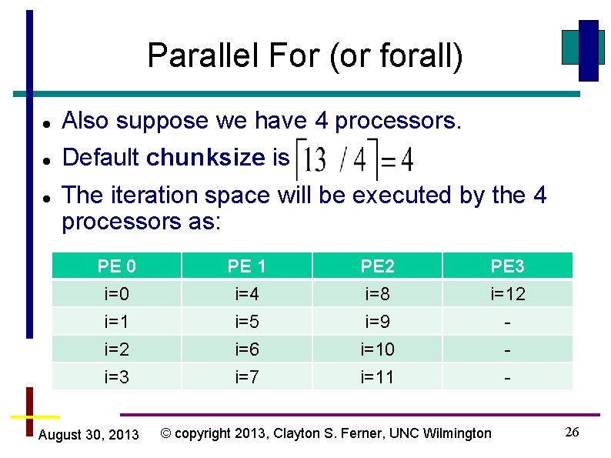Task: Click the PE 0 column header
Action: click(x=117, y=266)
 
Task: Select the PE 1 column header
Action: click(x=247, y=266)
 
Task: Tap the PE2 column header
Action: click(x=377, y=266)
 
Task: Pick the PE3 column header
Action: click(x=508, y=266)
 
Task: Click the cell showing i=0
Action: click(x=117, y=294)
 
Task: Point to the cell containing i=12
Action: click(x=508, y=294)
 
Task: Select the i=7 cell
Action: click(x=247, y=377)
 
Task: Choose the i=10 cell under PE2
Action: click(x=377, y=349)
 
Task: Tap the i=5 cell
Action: click(x=247, y=322)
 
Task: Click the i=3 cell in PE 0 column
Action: click(x=117, y=377)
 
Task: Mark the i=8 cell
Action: click(x=377, y=294)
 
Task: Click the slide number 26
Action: click(x=572, y=432)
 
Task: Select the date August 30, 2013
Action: click(x=88, y=436)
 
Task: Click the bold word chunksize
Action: click(x=205, y=158)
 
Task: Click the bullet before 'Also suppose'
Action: click(x=47, y=123)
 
